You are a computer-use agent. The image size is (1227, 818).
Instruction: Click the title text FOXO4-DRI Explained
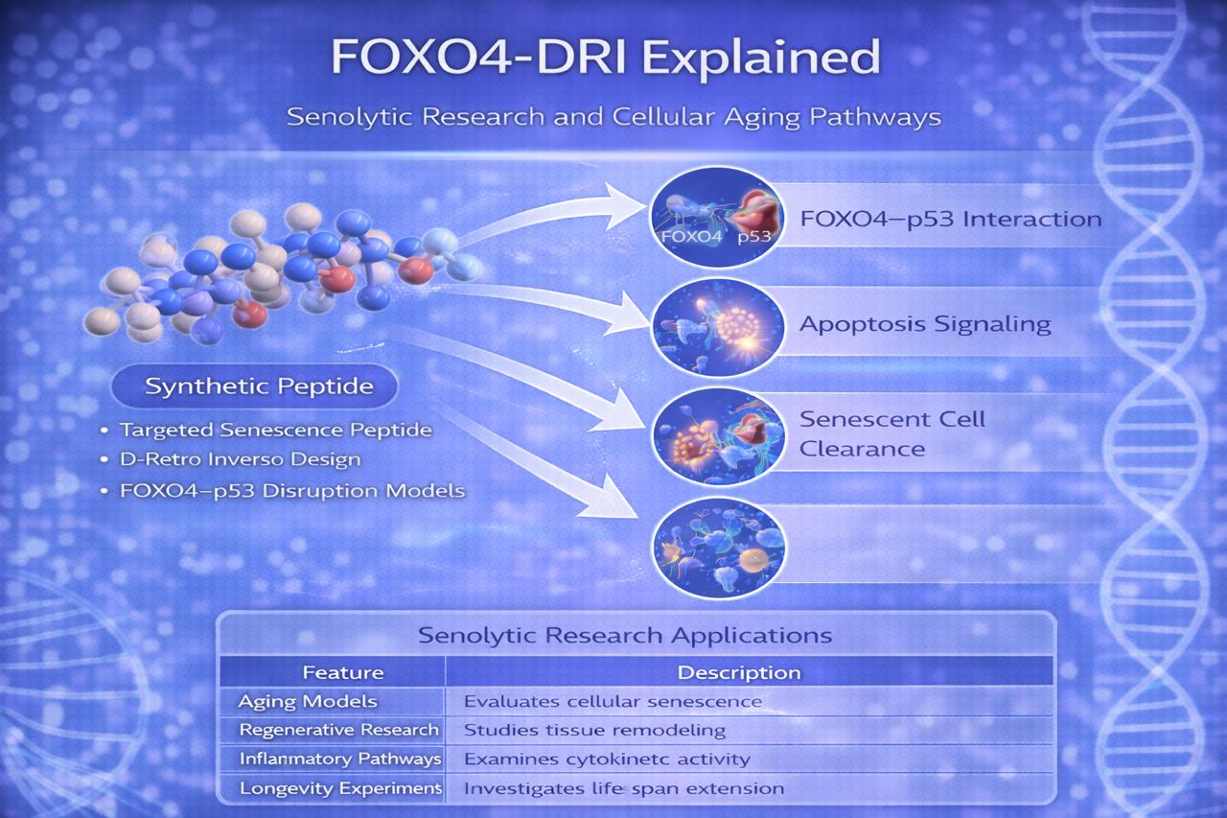[x=606, y=57]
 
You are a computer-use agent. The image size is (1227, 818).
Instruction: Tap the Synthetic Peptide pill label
[x=254, y=386]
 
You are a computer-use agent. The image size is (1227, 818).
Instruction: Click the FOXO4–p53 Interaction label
[x=951, y=220]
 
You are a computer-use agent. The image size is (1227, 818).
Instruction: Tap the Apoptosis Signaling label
[x=925, y=324]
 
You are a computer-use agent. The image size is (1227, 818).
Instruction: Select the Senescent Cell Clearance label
[x=891, y=433]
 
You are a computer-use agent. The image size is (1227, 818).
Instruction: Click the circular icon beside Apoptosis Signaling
[x=719, y=328]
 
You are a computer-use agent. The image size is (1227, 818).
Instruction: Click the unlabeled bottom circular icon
[x=719, y=548]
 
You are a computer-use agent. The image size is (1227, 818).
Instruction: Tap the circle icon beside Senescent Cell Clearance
[x=719, y=437]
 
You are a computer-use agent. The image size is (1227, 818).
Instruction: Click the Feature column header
[x=343, y=672]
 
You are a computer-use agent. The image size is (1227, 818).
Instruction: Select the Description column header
[x=739, y=672]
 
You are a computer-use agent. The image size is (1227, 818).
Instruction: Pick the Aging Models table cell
[x=308, y=701]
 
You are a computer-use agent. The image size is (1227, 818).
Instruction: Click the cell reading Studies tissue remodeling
[x=595, y=730]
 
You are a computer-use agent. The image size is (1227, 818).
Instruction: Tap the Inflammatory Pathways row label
[x=340, y=759]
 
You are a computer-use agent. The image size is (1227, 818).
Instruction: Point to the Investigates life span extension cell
[x=624, y=788]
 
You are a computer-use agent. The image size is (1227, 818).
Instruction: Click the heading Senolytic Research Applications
[x=625, y=636]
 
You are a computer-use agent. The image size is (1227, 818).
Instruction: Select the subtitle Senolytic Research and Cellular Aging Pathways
[x=613, y=117]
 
